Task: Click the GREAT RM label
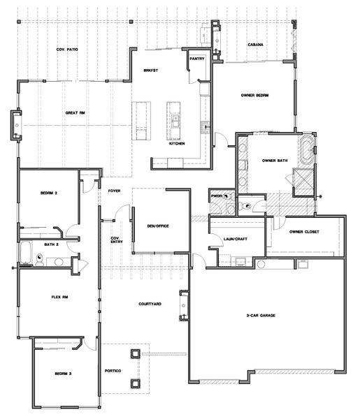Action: coord(75,113)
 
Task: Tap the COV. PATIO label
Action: coord(67,50)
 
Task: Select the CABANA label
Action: coord(255,45)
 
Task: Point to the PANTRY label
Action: coord(197,59)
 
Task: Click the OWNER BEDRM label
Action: coord(254,96)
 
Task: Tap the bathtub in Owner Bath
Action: coord(305,150)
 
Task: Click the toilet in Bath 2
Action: coord(40,260)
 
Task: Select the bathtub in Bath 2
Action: coord(26,252)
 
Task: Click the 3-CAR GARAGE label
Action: coord(261,316)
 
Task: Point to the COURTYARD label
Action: coord(150,304)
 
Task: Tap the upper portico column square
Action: coord(136,354)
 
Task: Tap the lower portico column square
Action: coord(136,384)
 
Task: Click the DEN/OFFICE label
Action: coord(158,226)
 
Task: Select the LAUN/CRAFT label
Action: coord(236,239)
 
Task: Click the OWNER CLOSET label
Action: coord(304,232)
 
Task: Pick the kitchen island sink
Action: coord(175,121)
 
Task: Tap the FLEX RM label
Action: coord(59,297)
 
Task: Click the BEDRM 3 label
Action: coord(63,374)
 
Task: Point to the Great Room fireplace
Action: coord(16,125)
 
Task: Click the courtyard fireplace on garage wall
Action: coord(184,305)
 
